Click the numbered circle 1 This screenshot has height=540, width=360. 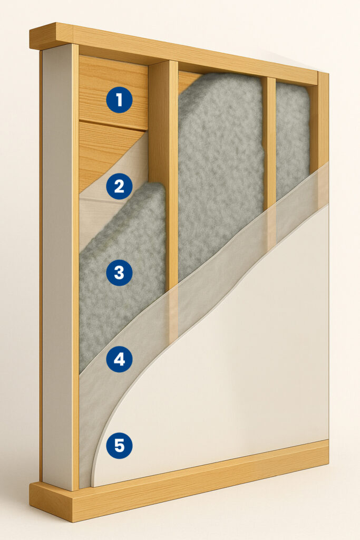point(119,100)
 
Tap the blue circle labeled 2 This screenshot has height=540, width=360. point(119,186)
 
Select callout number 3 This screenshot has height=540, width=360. point(119,273)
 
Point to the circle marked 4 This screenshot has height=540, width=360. point(119,359)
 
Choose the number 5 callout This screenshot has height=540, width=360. point(119,446)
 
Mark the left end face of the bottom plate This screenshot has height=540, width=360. point(51,501)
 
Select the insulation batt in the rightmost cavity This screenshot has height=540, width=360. point(293,138)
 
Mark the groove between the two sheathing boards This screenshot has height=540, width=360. point(113,125)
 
